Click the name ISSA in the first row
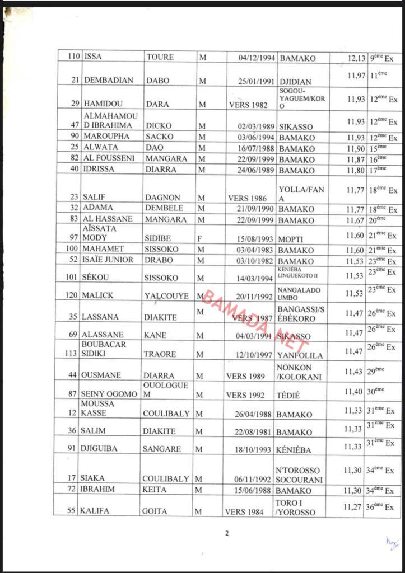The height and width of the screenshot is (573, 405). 94,57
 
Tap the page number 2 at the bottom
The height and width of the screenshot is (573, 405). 227,533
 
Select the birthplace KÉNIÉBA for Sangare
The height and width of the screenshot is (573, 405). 294,449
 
